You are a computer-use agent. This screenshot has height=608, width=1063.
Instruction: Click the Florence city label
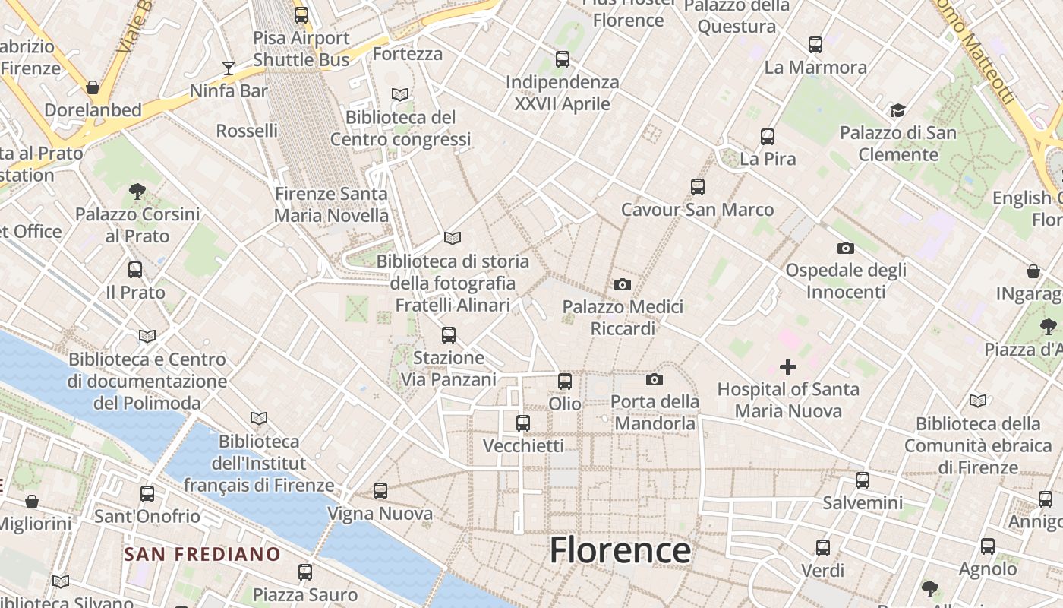point(620,549)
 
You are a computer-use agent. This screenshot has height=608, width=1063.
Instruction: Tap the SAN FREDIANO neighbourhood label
point(203,554)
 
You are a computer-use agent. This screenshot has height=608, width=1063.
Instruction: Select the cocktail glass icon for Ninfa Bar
point(229,68)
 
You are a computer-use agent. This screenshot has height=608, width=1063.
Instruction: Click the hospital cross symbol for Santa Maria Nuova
point(788,368)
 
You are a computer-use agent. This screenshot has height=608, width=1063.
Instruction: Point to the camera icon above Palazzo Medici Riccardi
point(622,285)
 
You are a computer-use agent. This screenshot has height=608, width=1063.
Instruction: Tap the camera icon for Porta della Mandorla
point(655,379)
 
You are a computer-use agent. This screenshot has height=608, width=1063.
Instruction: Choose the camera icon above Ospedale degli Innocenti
point(845,248)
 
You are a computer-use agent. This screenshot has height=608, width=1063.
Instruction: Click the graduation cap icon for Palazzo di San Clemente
point(897,111)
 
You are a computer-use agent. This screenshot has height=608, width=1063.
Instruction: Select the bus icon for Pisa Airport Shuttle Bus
point(301,14)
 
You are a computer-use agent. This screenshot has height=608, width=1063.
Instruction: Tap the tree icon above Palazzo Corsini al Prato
point(137,192)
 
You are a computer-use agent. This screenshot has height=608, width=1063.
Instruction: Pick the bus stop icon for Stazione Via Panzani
point(449,334)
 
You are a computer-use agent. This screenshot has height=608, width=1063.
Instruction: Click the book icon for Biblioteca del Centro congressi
point(400,95)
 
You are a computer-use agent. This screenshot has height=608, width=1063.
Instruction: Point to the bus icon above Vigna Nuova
point(380,491)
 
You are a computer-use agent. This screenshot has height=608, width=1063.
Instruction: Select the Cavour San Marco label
point(697,210)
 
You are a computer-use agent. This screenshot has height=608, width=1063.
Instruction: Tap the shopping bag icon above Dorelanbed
point(93,87)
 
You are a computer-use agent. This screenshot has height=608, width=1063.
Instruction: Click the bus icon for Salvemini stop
point(863,480)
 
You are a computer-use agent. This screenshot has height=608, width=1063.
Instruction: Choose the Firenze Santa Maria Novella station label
point(331,204)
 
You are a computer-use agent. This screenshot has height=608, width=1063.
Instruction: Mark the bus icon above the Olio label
point(565,382)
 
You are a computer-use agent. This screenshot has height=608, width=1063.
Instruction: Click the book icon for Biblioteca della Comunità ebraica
point(978,401)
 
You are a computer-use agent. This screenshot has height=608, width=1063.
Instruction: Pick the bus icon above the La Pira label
point(768,137)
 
